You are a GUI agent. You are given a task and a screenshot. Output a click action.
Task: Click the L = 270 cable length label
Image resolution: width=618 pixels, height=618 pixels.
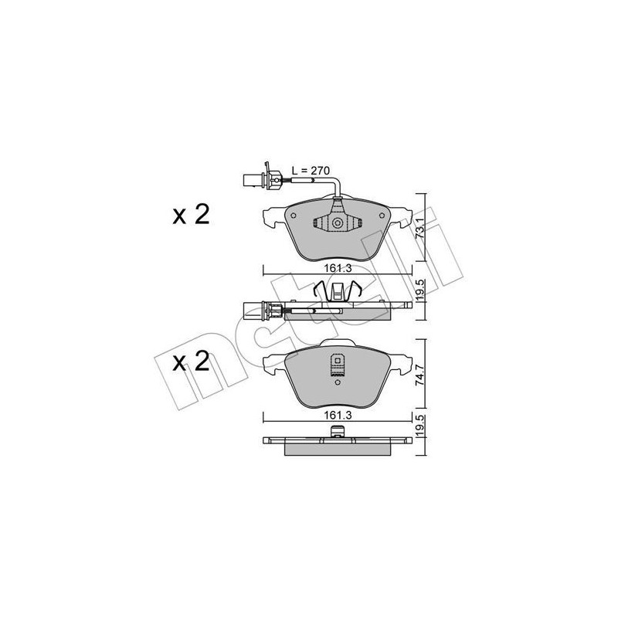tap(309, 171)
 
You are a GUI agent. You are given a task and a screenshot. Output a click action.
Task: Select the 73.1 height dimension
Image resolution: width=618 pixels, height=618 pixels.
tap(420, 230)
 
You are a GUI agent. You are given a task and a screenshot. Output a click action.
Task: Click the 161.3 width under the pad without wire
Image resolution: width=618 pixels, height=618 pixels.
tap(332, 415)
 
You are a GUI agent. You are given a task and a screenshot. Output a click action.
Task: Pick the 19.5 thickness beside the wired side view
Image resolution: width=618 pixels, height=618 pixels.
tap(420, 294)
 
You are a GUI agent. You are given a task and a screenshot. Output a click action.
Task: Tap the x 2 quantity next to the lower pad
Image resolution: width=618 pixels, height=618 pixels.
tap(191, 362)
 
